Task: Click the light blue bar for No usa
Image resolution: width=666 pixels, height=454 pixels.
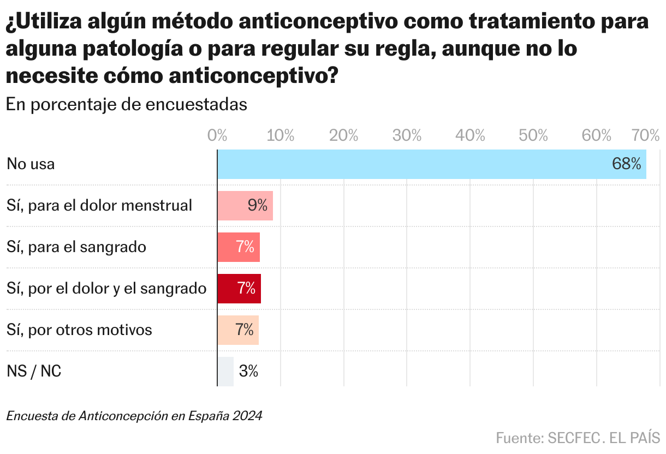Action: [x=415, y=164]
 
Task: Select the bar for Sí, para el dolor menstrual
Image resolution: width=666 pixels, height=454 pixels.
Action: [x=232, y=206]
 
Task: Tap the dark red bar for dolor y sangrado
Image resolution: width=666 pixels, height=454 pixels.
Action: [x=227, y=289]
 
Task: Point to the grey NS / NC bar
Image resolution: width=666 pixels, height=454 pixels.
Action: [x=225, y=372]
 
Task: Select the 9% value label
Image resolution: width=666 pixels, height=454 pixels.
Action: [x=257, y=206]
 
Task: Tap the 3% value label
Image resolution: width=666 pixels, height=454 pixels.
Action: [x=248, y=372]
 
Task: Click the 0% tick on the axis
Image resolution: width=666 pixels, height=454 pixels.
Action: [x=217, y=135]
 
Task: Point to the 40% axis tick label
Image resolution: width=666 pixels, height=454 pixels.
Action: [x=470, y=135]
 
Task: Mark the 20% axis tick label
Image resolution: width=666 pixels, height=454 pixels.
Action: [x=344, y=135]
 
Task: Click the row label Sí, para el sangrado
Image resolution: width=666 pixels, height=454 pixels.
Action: [x=76, y=247]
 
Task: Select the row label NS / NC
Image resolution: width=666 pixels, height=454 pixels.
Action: [x=34, y=372]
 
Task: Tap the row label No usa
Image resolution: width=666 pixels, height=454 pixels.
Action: [x=31, y=164]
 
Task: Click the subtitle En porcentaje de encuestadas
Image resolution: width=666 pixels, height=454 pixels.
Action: [x=126, y=105]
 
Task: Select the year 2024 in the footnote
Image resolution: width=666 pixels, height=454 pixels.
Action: [x=247, y=416]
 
